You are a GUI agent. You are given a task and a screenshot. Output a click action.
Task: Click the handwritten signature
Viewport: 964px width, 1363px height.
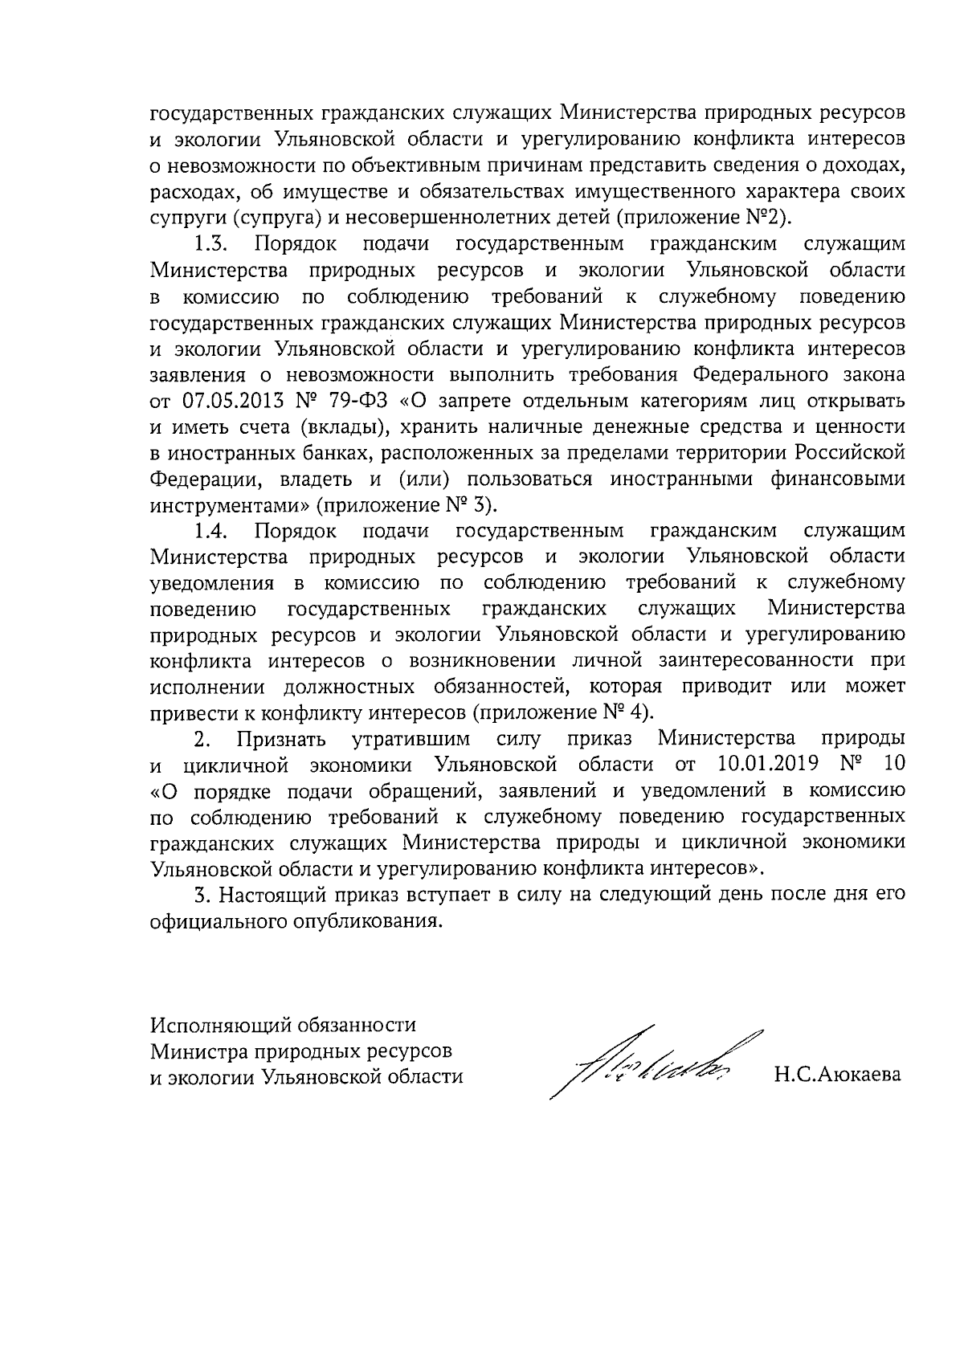point(651,1065)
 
